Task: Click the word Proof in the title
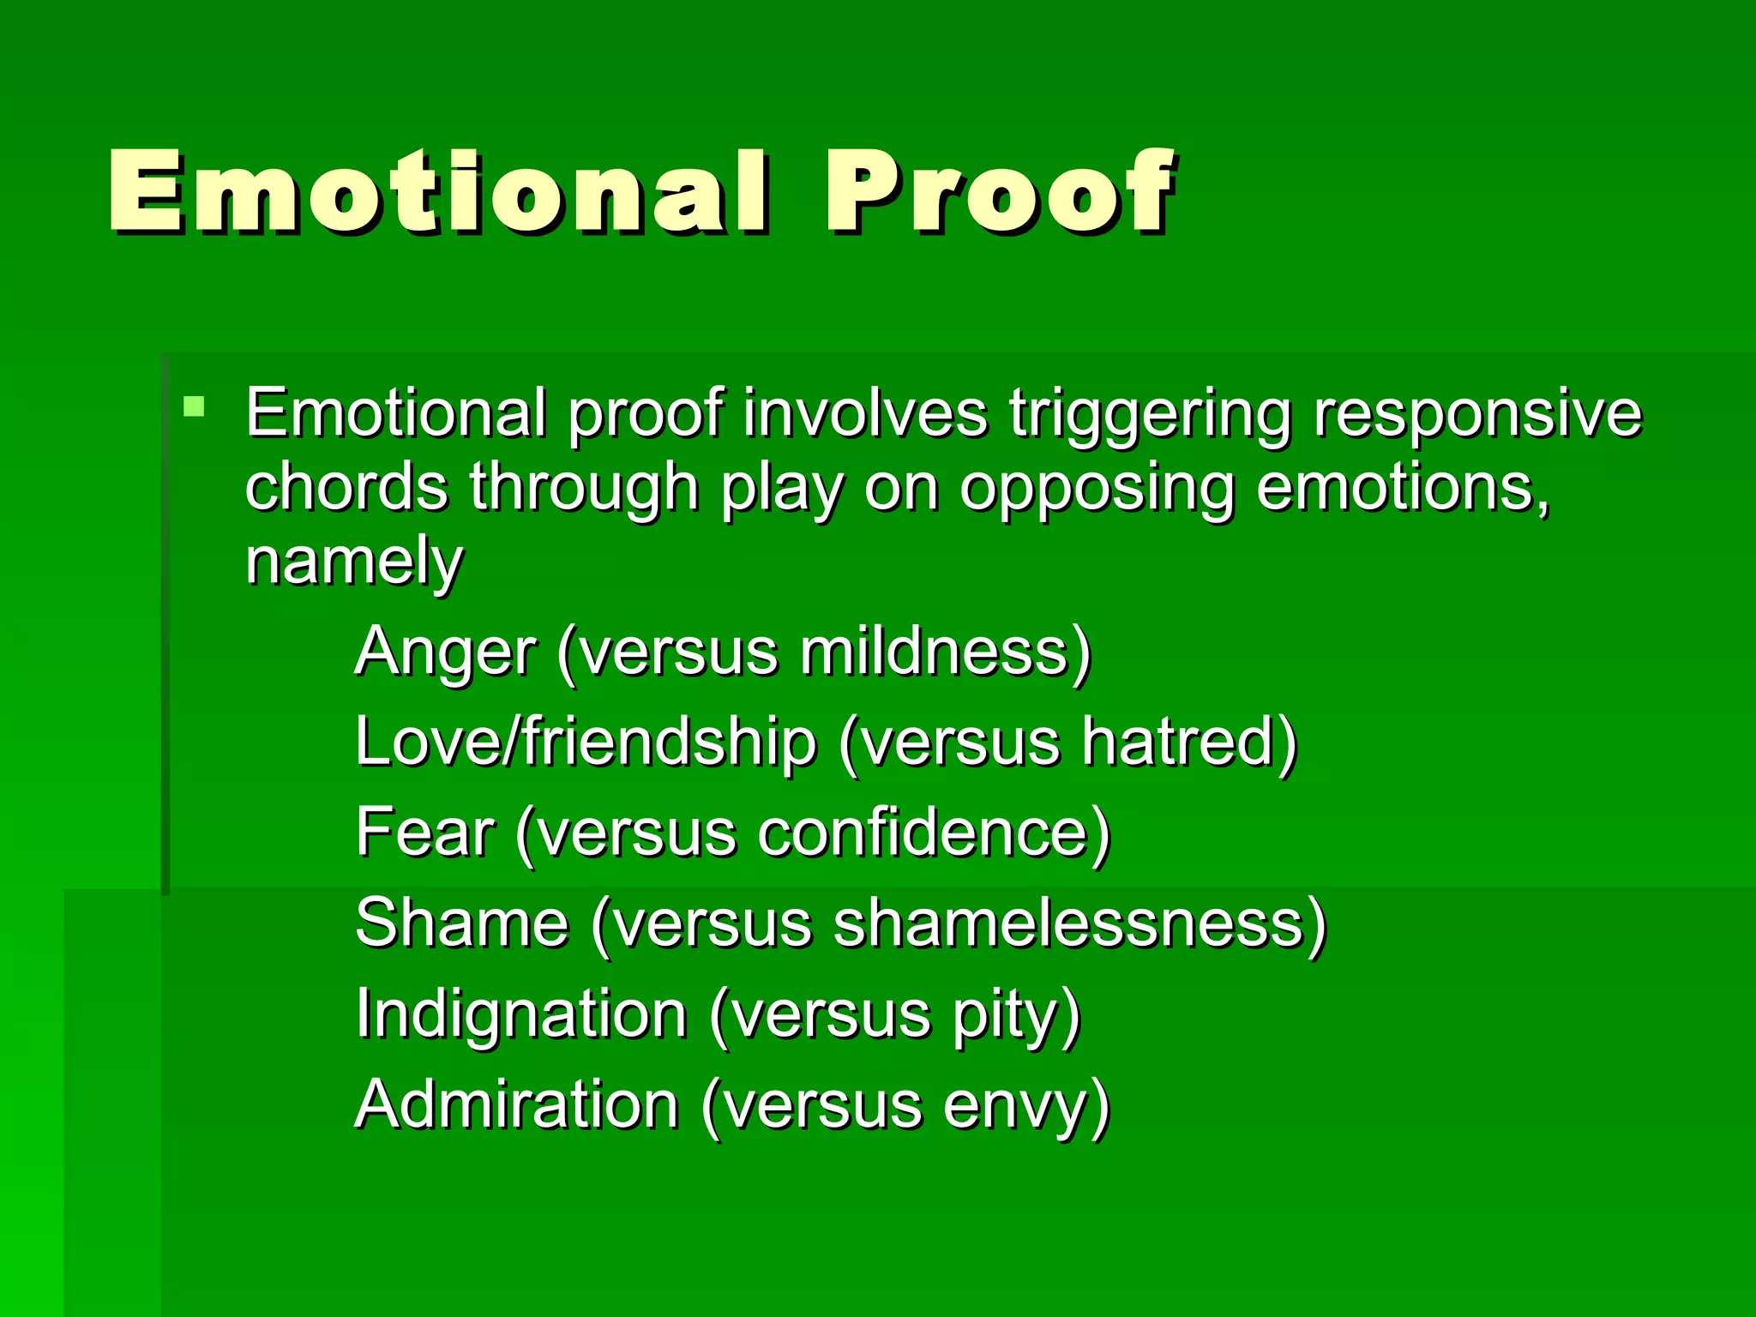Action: [x=999, y=192]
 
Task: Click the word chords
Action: [x=346, y=487]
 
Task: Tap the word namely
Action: [x=354, y=562]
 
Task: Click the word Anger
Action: [x=445, y=652]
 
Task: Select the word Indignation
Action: [x=521, y=1014]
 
